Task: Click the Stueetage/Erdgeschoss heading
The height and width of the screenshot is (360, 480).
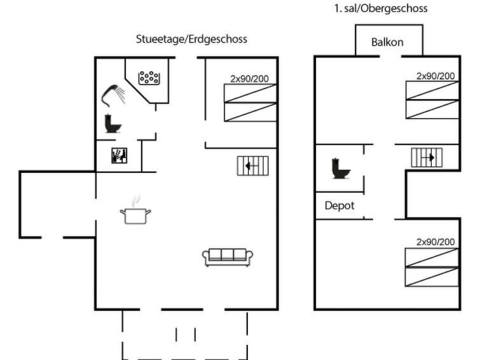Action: (x=191, y=39)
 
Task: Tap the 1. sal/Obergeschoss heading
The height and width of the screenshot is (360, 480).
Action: (x=381, y=9)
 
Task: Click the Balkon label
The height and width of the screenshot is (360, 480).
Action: (x=388, y=44)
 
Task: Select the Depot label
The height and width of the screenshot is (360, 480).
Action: (x=339, y=205)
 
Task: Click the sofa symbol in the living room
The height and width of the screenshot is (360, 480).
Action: (x=228, y=256)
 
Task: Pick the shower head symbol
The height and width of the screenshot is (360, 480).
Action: (x=113, y=94)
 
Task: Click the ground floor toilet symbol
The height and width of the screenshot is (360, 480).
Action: (x=113, y=123)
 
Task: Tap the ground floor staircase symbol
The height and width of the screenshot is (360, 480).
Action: (x=252, y=165)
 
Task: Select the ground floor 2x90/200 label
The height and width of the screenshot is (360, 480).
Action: (x=249, y=80)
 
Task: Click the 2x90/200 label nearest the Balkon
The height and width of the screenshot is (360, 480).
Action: (x=435, y=76)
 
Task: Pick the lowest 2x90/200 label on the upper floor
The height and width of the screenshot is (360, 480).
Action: (x=435, y=242)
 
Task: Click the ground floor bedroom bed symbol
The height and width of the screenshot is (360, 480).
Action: (x=250, y=102)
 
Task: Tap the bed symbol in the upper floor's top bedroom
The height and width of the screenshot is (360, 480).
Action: (x=432, y=100)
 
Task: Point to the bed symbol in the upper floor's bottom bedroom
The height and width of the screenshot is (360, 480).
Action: (x=432, y=267)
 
